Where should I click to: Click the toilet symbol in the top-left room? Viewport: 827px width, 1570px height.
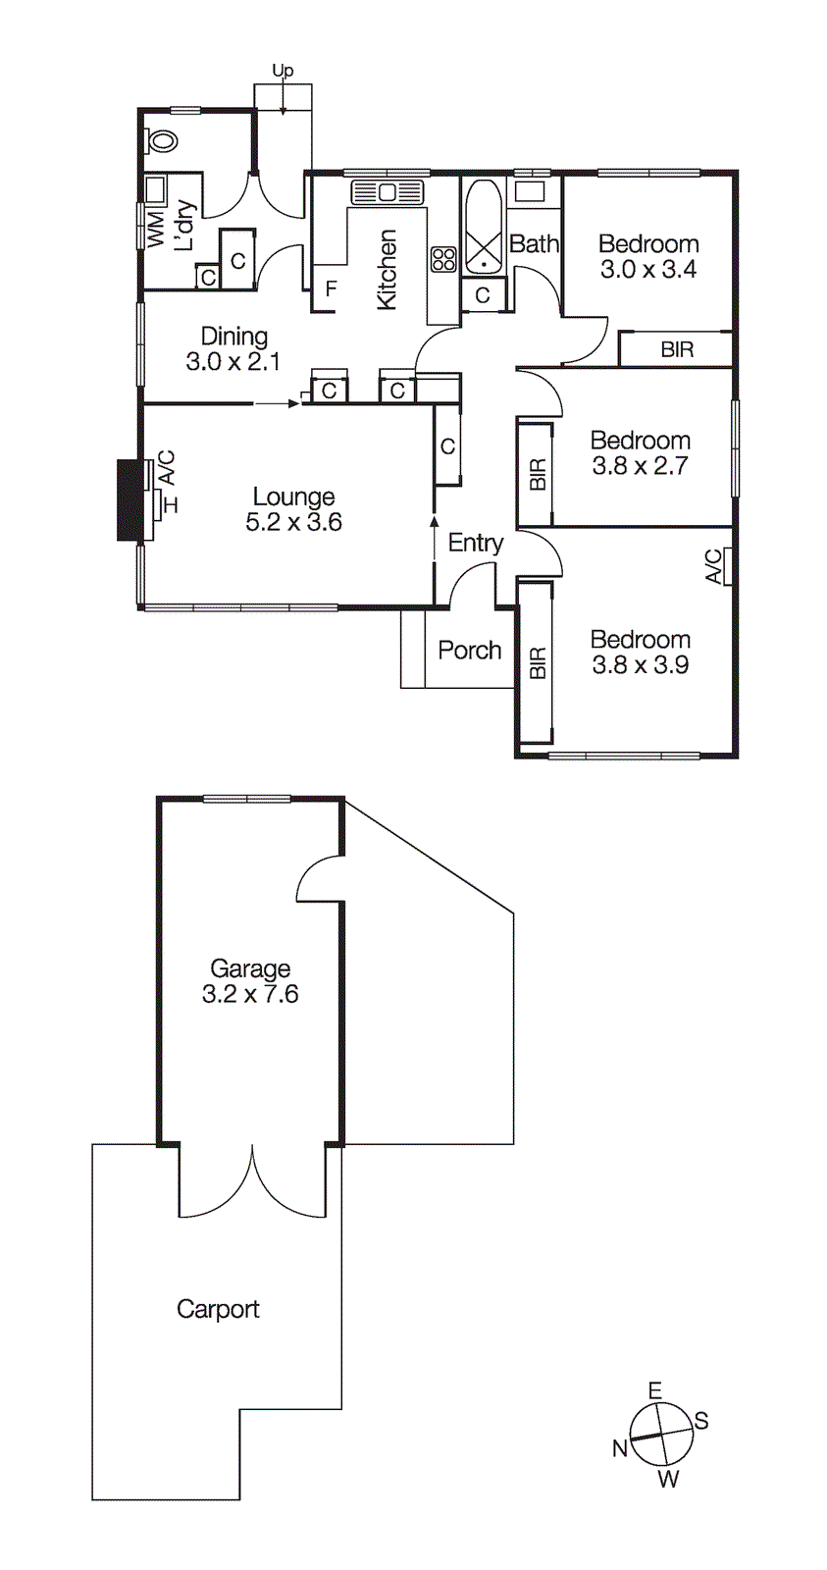(162, 141)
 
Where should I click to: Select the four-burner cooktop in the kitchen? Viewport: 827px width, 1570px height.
(443, 259)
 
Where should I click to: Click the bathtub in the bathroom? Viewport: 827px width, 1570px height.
(483, 228)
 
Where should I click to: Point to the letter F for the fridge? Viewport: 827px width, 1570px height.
(332, 289)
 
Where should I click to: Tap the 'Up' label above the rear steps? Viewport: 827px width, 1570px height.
(283, 71)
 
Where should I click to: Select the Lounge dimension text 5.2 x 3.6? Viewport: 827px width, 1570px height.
(293, 523)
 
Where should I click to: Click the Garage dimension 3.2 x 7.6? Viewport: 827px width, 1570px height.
(250, 995)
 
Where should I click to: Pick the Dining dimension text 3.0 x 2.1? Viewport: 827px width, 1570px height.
(233, 362)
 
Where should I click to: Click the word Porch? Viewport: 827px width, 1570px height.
(470, 651)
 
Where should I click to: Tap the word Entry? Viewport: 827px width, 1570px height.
(476, 543)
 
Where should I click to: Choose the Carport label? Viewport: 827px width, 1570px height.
(218, 1309)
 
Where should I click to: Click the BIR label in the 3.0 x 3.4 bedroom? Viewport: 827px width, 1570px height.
(677, 349)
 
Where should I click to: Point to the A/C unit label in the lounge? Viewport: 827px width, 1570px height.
(167, 466)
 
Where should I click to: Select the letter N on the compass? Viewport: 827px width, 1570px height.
(620, 1448)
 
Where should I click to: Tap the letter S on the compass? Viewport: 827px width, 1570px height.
(701, 1421)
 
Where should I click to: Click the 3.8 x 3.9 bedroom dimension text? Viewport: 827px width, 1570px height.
(640, 665)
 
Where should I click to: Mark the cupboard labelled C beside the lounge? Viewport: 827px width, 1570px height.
(447, 446)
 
